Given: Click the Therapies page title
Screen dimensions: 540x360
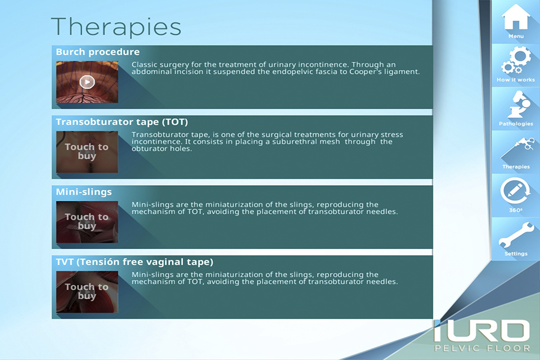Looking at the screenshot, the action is [116, 27].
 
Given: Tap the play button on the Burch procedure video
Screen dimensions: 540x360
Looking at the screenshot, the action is [87, 82].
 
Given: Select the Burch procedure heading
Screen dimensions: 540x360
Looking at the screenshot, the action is [98, 52].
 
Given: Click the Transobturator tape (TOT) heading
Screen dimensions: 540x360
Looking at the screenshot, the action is [122, 122].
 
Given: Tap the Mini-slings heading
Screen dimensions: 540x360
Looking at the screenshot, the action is [84, 192].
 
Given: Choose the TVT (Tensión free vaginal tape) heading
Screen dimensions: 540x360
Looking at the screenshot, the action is [134, 262].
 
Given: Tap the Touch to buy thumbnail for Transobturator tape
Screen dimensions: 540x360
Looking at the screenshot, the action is [87, 151].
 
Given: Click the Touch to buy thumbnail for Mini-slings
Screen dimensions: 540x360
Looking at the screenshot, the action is [87, 222].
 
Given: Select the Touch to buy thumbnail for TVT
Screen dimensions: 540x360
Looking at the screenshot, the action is [87, 292].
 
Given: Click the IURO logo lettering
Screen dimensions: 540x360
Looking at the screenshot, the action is [482, 331].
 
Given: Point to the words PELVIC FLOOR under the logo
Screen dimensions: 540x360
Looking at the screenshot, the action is [482, 348].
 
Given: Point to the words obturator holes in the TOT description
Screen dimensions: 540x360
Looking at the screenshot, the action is [161, 149].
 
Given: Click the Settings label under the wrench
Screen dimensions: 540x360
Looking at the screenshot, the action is [516, 254].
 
